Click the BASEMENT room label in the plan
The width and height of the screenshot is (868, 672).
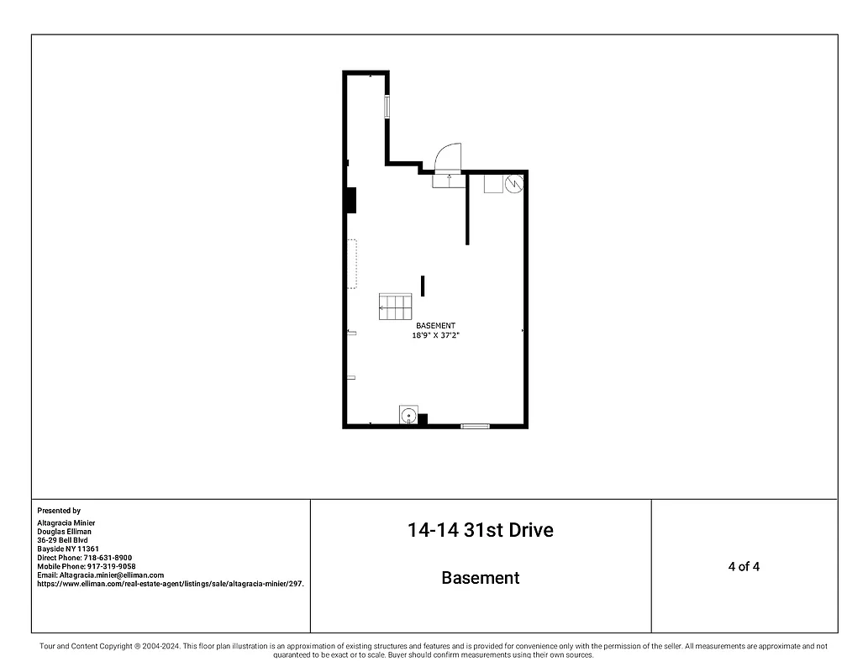coord(435,326)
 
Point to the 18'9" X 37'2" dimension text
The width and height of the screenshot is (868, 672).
coord(435,335)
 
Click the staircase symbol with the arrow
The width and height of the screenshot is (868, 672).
coord(395,307)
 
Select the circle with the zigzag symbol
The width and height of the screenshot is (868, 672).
coord(514,181)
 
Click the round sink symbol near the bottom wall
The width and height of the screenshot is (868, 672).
coord(408,415)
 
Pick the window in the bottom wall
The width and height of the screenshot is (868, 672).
coord(475,427)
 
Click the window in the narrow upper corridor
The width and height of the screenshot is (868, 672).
coord(387,108)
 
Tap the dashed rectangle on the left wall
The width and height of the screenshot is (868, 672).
coord(352,265)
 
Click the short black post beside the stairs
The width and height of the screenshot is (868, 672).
coord(423,286)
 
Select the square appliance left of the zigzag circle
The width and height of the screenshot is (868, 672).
coord(493,183)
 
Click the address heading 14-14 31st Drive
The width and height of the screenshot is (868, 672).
coord(481,530)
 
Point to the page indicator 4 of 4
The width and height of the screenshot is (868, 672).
coord(744,566)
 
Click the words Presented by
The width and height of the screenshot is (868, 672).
coord(59,511)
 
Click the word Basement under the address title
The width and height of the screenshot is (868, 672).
coord(481,578)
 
